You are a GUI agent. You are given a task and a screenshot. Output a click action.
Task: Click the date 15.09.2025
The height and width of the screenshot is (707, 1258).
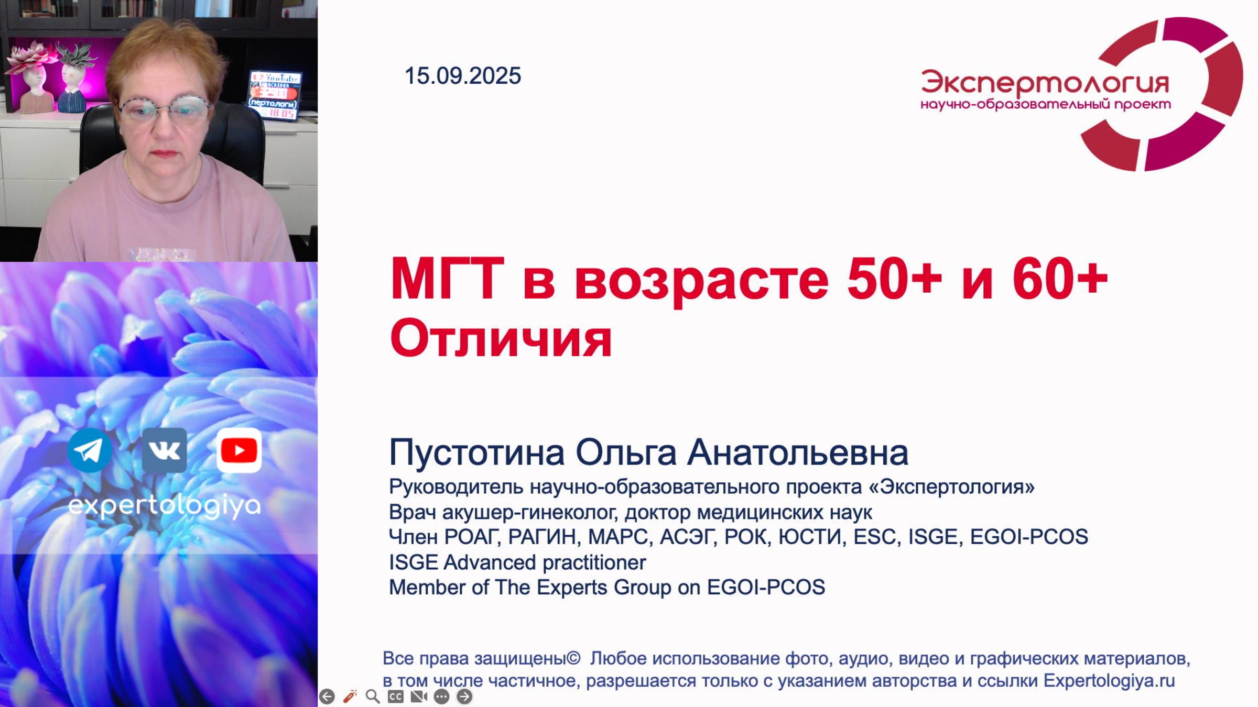(462, 76)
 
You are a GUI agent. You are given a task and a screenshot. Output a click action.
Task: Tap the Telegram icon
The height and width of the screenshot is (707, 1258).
(90, 450)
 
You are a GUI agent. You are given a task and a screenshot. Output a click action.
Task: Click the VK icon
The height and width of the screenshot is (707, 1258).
(164, 450)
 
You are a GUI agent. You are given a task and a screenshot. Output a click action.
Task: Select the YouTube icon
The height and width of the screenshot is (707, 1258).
(239, 450)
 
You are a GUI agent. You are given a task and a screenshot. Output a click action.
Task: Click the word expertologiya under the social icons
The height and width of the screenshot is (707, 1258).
(164, 506)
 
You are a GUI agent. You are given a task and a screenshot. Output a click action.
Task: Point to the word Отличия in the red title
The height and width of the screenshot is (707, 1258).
(501, 339)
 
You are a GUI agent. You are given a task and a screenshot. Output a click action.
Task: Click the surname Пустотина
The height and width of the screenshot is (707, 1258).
(476, 452)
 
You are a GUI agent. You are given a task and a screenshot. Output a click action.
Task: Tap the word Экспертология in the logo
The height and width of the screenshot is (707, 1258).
(1045, 83)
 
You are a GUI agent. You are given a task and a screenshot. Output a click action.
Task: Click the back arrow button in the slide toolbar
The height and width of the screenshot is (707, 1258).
(327, 696)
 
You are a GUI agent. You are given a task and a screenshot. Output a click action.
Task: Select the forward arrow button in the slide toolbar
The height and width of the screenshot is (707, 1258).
(464, 696)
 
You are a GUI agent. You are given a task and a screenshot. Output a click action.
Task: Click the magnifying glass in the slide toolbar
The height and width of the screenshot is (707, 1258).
(373, 696)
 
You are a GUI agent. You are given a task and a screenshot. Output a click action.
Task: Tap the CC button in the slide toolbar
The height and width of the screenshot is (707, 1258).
(396, 696)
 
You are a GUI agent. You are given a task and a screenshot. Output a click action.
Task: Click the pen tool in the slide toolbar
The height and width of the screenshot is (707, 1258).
(350, 696)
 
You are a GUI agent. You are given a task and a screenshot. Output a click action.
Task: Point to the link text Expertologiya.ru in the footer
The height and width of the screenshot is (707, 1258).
(1109, 681)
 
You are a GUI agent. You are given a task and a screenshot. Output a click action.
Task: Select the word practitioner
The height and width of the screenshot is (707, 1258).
(594, 562)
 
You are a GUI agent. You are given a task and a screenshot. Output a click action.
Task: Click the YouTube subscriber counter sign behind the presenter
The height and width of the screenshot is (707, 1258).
(274, 95)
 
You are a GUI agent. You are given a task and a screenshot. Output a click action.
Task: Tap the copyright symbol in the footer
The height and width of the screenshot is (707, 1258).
(573, 658)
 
